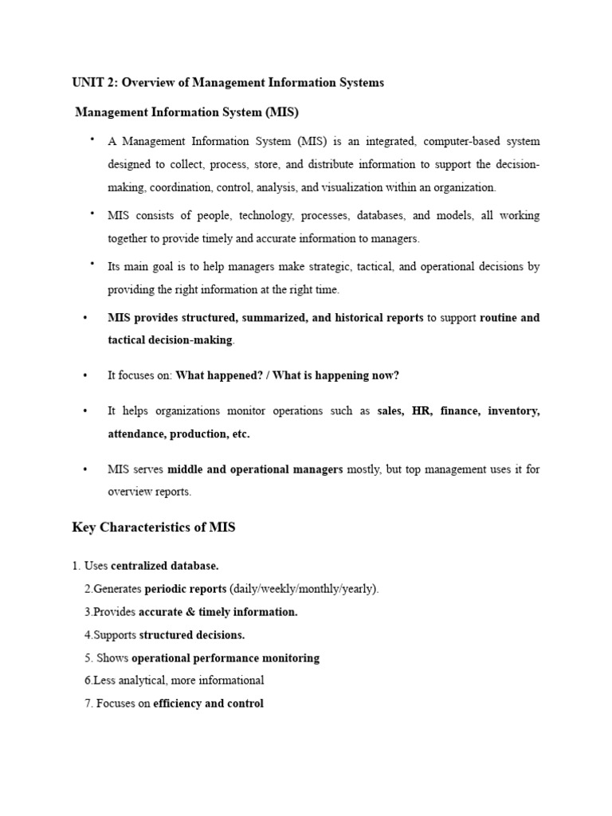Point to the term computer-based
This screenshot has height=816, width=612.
(x=461, y=142)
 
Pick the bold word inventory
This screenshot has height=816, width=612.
(x=514, y=411)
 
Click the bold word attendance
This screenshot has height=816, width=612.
(x=137, y=434)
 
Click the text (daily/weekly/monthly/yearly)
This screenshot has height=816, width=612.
(x=304, y=589)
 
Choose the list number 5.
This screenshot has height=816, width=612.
(x=88, y=658)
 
